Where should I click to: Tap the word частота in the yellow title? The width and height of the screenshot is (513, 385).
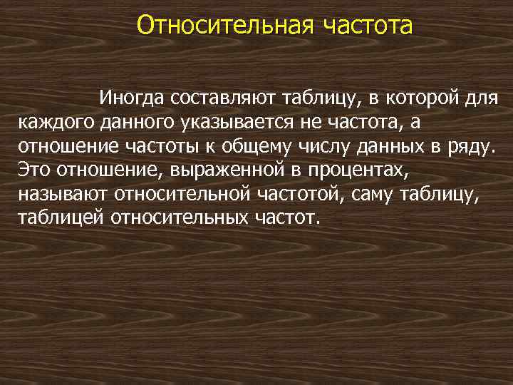click(368, 26)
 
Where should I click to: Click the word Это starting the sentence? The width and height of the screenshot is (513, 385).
click(31, 170)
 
